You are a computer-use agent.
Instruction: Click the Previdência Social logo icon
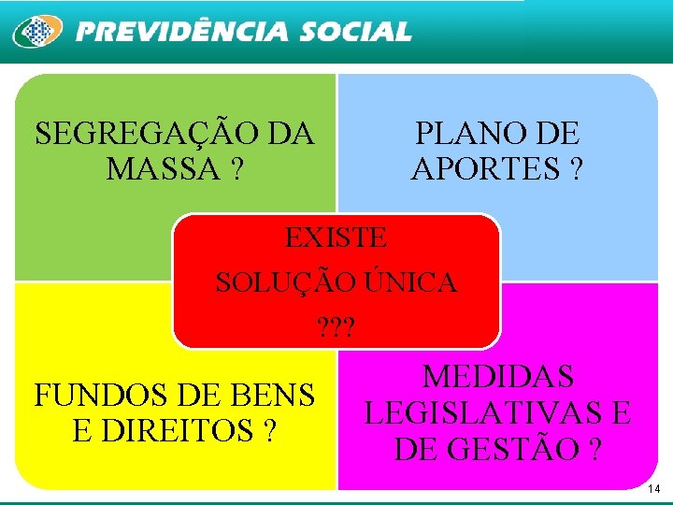(37, 31)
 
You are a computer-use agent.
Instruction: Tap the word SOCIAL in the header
(355, 32)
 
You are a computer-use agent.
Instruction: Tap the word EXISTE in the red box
(336, 238)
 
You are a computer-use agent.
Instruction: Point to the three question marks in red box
(336, 327)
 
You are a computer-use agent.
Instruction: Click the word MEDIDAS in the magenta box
(498, 377)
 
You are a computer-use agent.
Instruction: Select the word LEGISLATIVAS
(477, 412)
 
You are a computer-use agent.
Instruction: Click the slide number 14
(653, 489)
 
